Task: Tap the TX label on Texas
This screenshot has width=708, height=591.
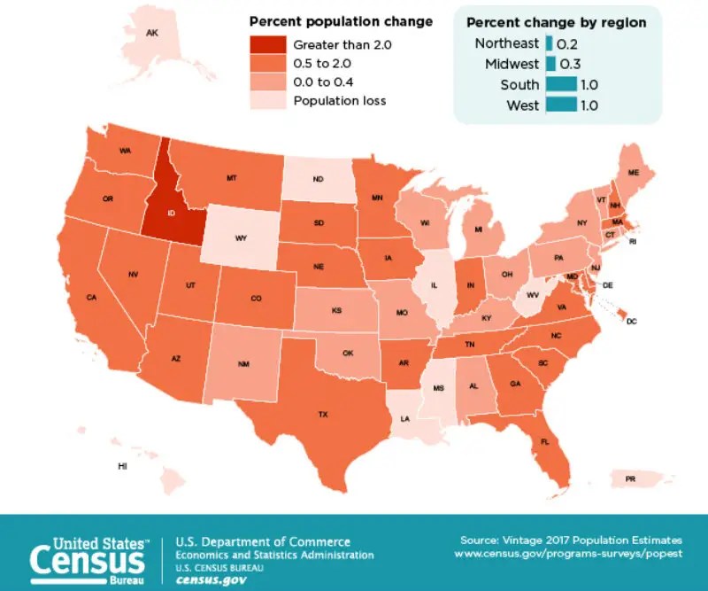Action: coord(323,414)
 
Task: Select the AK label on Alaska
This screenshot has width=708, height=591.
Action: coord(151,33)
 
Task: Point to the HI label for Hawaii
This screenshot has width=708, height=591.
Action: coord(122,465)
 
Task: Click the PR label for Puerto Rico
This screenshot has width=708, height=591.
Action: coord(630,478)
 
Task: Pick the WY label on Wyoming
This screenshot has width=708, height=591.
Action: coord(241,238)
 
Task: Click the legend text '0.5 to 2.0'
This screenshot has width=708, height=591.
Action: coord(323,63)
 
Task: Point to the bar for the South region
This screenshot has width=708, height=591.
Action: coord(561,85)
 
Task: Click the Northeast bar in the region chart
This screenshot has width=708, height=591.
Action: coord(550,43)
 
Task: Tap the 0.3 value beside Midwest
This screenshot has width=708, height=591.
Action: coord(571,64)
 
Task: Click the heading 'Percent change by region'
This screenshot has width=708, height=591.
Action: coord(556,22)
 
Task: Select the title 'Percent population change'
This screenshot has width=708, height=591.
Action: coord(341,21)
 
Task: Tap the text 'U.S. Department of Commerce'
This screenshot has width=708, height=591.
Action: coord(263,541)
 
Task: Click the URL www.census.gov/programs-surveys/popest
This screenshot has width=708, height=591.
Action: coord(568,553)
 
